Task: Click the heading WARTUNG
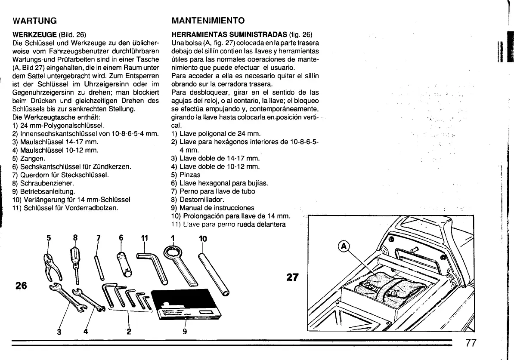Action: click(35, 21)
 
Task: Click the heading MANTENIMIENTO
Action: click(208, 21)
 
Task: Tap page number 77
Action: click(472, 343)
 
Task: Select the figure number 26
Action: click(21, 285)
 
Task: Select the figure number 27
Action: click(292, 278)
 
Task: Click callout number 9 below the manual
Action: click(184, 331)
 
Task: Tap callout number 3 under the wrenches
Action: click(59, 331)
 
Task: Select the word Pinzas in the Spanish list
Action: click(190, 175)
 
